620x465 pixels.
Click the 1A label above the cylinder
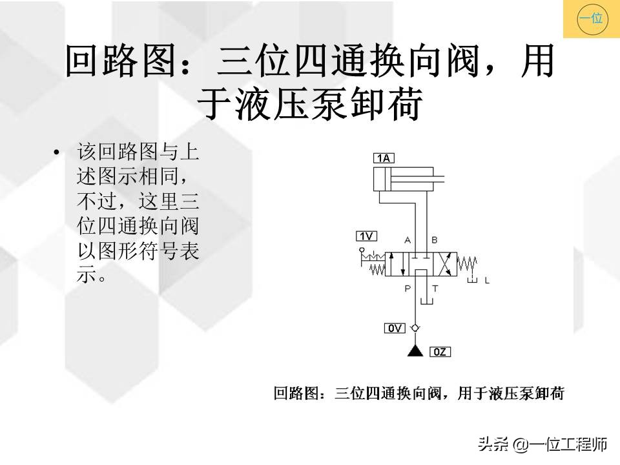pos(384,158)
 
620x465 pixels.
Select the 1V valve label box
pos(366,236)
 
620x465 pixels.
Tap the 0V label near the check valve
pos(394,328)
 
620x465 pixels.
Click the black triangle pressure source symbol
pos(414,351)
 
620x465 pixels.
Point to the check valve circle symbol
pos(414,329)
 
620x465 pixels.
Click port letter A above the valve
pos(408,240)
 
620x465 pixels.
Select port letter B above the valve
pos(434,240)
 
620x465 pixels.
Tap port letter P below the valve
pos(408,289)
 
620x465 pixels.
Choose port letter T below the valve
pos(434,289)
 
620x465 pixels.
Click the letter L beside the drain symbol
pos(487,281)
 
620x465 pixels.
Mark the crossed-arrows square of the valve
pos(445,264)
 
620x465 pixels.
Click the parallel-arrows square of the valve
pos(397,264)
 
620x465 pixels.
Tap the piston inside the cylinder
pos(387,178)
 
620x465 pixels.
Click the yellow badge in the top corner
pos(590,19)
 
